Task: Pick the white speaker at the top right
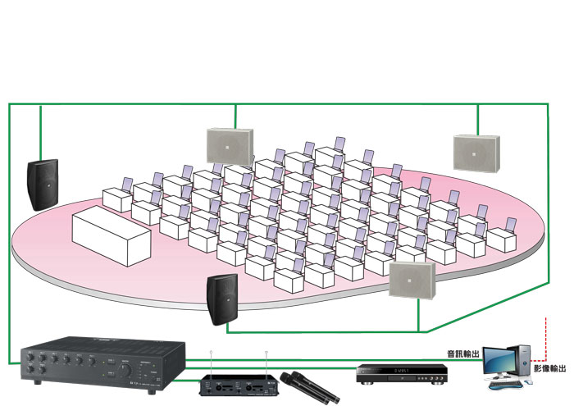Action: point(476,151)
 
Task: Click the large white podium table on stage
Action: point(111,235)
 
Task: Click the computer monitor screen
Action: point(499,363)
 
